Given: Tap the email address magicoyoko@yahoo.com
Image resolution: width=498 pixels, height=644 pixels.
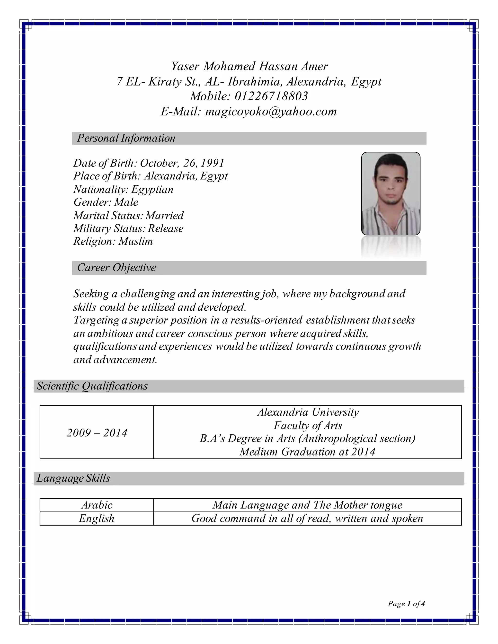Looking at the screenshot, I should (x=271, y=112).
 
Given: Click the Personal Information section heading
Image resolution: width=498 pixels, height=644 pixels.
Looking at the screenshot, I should (x=126, y=138).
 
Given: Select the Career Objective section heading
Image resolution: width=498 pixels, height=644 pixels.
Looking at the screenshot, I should (x=116, y=268).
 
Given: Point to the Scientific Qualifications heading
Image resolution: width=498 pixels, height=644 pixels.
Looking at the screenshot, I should (x=92, y=386).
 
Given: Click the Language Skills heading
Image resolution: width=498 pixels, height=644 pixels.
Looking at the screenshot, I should (x=73, y=478).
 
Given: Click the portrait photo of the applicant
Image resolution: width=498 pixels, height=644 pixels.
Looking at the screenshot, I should (x=391, y=193).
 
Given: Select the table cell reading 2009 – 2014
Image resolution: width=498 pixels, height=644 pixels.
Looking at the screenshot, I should (x=97, y=433).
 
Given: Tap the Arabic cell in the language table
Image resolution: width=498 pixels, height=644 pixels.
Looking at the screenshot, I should (x=97, y=505).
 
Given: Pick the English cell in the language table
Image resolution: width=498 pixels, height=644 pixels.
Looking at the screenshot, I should (x=97, y=518).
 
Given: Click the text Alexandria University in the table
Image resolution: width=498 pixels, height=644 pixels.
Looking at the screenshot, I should (x=308, y=412).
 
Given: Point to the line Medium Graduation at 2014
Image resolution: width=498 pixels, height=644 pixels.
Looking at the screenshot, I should (x=307, y=452).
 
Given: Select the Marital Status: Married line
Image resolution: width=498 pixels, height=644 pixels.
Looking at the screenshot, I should (x=128, y=215).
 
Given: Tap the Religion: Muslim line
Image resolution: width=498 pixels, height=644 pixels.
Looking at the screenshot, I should (x=113, y=241).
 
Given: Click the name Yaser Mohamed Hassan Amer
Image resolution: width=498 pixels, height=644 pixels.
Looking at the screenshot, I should (x=249, y=66).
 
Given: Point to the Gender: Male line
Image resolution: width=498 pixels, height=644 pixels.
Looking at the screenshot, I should (x=106, y=202).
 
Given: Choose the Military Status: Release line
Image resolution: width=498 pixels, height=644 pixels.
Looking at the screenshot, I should (x=128, y=228).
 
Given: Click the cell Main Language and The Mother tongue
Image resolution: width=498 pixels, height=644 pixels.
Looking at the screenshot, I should (x=307, y=505).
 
